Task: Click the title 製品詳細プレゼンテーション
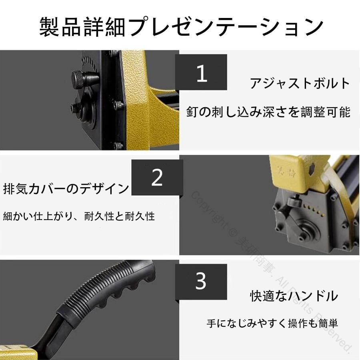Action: click(x=181, y=27)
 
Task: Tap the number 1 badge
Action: click(x=201, y=72)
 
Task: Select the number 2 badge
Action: click(x=157, y=178)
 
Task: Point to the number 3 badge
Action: click(x=201, y=282)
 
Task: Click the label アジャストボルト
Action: click(x=300, y=83)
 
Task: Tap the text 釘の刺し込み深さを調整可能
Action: click(x=268, y=112)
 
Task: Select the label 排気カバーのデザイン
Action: click(x=66, y=188)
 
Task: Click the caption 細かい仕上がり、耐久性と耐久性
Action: click(x=79, y=216)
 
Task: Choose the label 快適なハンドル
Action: click(x=294, y=296)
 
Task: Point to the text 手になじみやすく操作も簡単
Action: click(x=272, y=323)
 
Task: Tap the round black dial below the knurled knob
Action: click(x=85, y=108)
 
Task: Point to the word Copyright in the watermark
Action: click(x=208, y=209)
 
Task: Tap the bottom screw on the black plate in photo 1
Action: click(x=118, y=145)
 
